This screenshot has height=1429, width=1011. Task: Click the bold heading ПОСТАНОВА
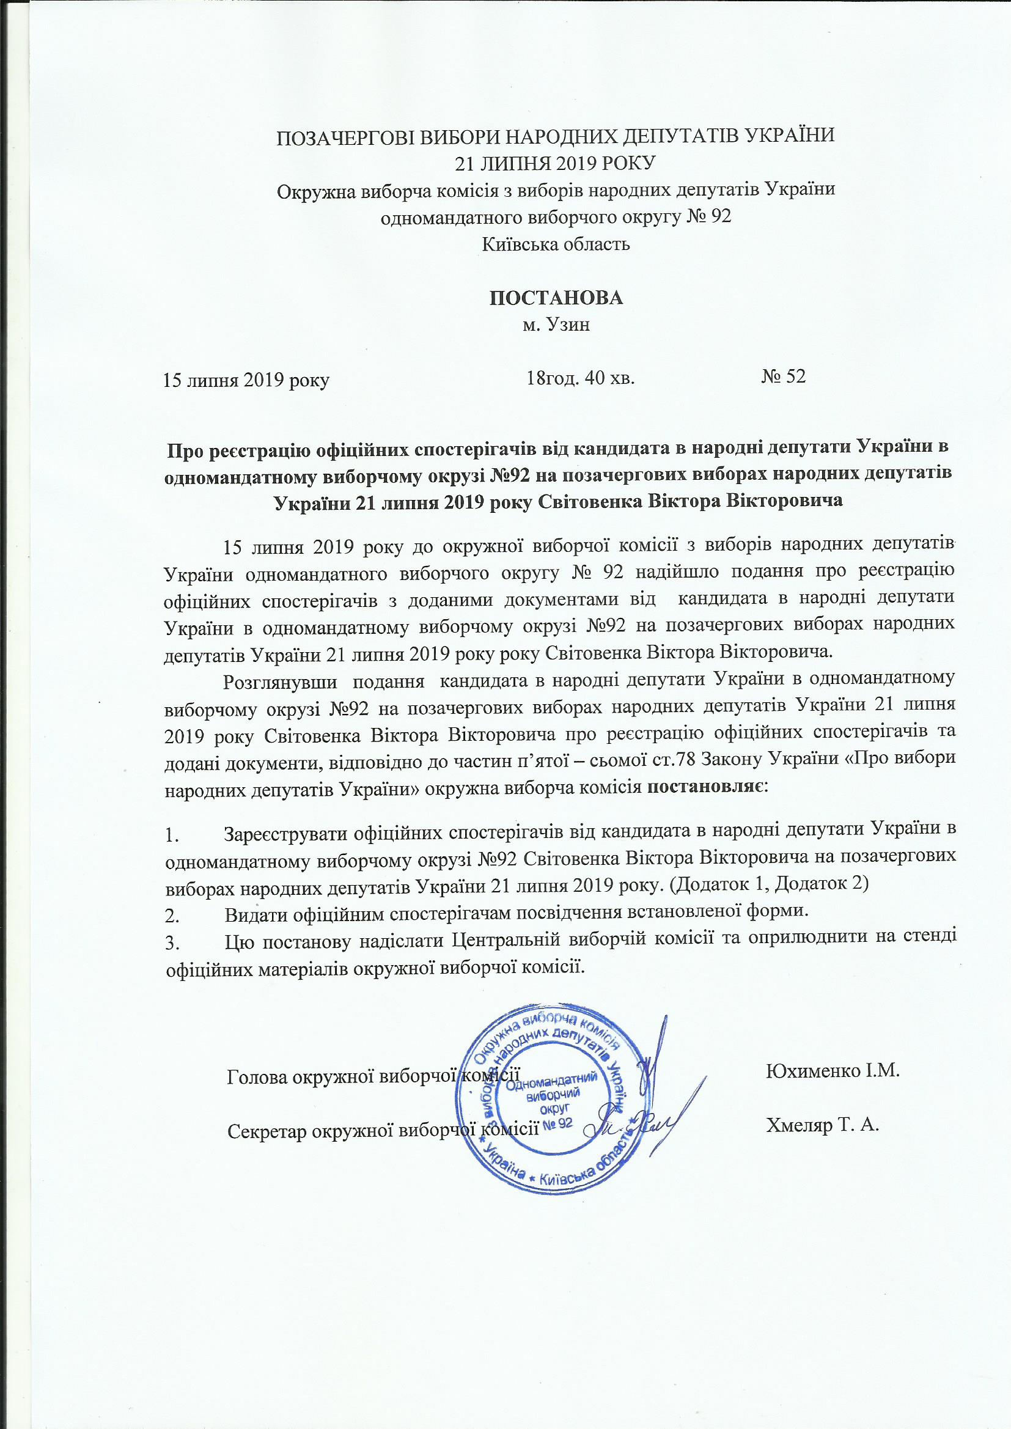pyautogui.click(x=556, y=298)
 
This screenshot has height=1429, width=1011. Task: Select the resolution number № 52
pyautogui.click(x=783, y=376)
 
